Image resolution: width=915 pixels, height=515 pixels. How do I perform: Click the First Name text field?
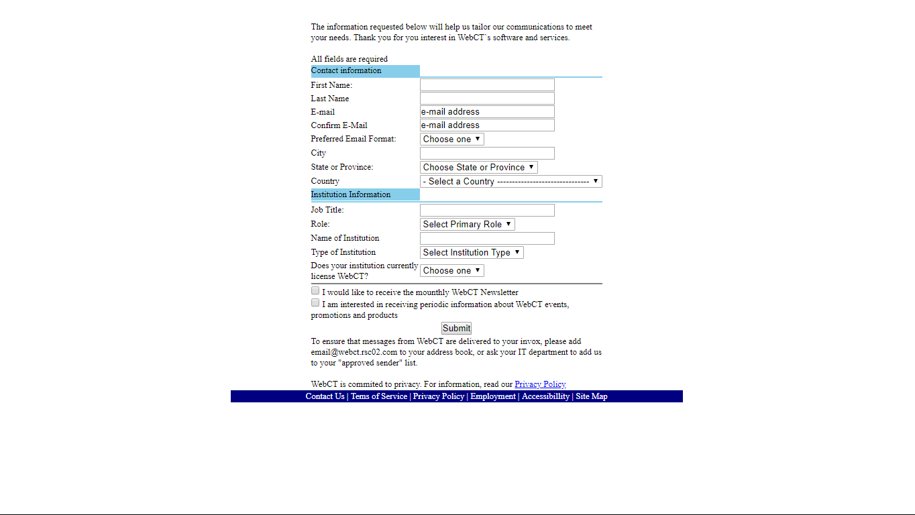(487, 85)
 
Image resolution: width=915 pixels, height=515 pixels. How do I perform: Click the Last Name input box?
(487, 99)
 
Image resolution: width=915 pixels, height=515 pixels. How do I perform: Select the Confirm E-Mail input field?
(487, 125)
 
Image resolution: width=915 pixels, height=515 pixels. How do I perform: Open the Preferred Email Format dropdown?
(451, 139)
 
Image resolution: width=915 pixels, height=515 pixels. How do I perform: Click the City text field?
(487, 154)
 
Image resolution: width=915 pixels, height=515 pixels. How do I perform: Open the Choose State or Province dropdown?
(478, 168)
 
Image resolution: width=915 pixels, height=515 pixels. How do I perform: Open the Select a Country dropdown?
(510, 182)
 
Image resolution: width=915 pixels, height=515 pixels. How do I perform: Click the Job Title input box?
(487, 211)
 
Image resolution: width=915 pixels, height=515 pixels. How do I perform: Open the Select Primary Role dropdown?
(467, 225)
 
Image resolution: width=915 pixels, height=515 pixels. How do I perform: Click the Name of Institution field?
(487, 239)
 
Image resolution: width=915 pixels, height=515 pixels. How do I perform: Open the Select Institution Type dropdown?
(472, 253)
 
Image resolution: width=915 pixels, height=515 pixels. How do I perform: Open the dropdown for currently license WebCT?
(451, 271)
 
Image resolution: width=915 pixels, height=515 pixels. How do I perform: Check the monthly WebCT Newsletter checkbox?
(315, 291)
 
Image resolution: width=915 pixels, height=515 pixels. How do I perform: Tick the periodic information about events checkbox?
(315, 303)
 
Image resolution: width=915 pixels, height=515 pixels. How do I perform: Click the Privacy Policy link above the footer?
(540, 384)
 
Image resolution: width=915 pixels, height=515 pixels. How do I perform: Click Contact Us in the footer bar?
(325, 396)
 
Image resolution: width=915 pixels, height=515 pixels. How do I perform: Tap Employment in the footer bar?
(493, 396)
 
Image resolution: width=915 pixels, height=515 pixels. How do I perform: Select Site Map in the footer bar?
(592, 396)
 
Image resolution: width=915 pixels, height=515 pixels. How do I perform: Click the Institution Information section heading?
(351, 194)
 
